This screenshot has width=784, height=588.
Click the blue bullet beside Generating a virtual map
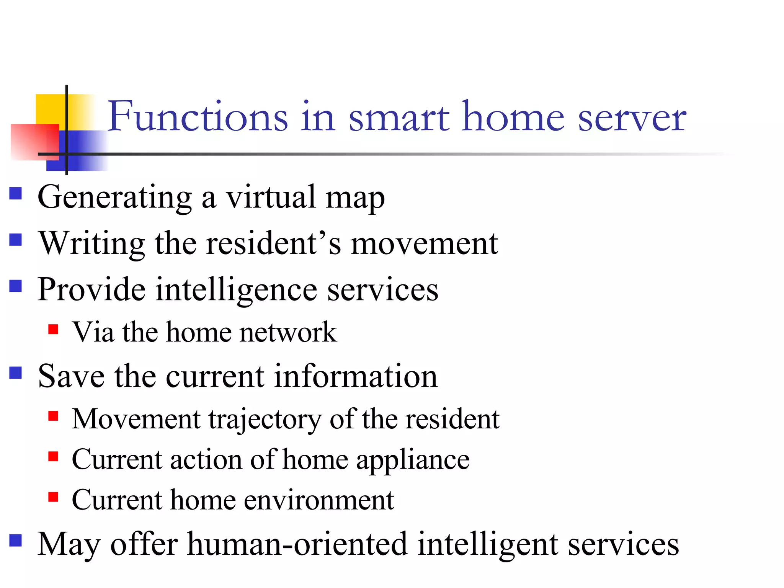[16, 193]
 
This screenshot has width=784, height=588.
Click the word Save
[71, 376]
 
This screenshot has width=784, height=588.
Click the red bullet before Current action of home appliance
[53, 456]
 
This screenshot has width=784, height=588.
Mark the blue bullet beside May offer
[16, 541]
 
